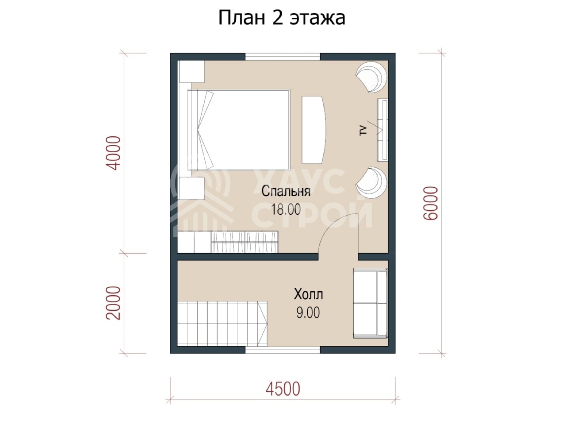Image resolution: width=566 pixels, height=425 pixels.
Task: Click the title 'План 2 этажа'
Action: coord(282,18)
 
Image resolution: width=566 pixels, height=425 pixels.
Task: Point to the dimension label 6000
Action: coord(431,203)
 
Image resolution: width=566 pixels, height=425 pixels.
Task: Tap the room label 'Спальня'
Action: coord(286,191)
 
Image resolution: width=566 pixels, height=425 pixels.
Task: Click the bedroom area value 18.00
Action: coord(286,209)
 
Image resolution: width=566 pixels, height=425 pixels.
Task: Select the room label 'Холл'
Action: coord(308,294)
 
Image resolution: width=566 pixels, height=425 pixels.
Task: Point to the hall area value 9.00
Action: coord(308,313)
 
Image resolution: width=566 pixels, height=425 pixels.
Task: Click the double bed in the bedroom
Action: coord(239,130)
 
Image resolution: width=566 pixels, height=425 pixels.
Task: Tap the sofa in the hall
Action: coord(370,303)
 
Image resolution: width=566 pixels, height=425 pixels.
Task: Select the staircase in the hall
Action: coord(222,324)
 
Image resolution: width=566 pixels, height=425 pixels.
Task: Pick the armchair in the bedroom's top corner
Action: coord(371,77)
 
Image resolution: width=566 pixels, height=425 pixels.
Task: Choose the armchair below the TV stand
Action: coord(371,182)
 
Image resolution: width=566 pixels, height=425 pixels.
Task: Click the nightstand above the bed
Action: coord(191,71)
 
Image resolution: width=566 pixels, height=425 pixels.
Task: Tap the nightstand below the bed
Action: coord(191,188)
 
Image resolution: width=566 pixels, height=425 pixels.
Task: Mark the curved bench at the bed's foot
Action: coord(314,130)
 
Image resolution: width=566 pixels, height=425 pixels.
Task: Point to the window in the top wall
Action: coord(283,57)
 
